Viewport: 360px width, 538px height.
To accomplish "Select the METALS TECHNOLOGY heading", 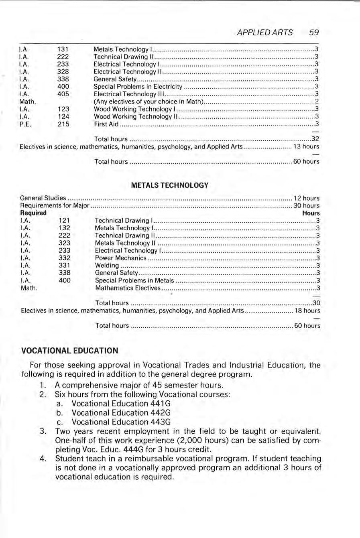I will pyautogui.click(x=170, y=185).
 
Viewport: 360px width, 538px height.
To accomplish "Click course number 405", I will pyautogui.click(x=63, y=94).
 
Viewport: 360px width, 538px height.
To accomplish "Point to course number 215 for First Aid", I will pyautogui.click(x=63, y=124).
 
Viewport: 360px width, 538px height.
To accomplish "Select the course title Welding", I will pyautogui.click(x=107, y=266).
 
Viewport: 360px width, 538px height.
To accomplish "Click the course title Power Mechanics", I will pyautogui.click(x=120, y=258).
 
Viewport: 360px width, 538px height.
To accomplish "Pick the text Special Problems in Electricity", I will pyautogui.click(x=138, y=87).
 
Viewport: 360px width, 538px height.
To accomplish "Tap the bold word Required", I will pyautogui.click(x=33, y=213).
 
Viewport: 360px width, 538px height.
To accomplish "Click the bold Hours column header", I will pyautogui.click(x=311, y=213).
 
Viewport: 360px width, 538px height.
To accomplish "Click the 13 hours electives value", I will pyautogui.click(x=306, y=147).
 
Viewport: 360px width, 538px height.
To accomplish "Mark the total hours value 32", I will pyautogui.click(x=315, y=139).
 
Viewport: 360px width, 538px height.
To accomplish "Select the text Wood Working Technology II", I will pyautogui.click(x=135, y=116).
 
